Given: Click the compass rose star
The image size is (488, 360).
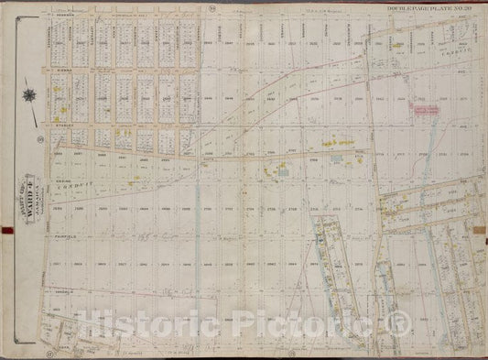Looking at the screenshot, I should [30, 95].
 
